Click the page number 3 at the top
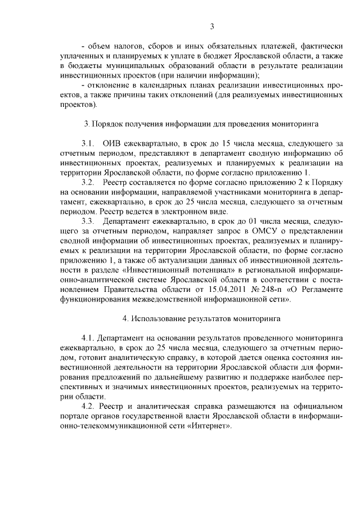pos(212,26)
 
